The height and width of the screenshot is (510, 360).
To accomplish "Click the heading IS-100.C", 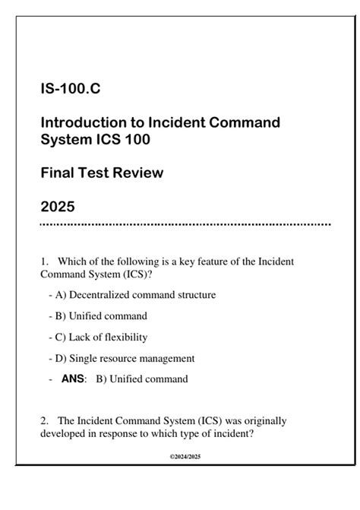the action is (70, 90).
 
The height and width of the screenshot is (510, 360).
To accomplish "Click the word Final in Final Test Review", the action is (58, 173).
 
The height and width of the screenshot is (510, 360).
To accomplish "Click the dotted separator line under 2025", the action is (185, 225).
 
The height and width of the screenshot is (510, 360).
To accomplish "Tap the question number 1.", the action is (45, 261).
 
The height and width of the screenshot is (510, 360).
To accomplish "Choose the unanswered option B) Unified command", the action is (106, 315).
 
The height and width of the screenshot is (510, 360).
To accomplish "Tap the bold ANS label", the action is (74, 379).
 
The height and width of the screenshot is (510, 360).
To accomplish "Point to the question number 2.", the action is (45, 420).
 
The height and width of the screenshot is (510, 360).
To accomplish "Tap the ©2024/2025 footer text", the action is (184, 456).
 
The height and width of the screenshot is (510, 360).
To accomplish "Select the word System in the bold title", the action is (65, 139).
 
